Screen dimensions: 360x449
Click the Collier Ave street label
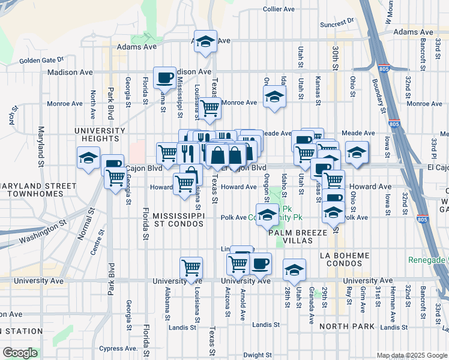tap(279, 10)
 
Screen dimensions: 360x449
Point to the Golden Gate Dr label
tap(41, 61)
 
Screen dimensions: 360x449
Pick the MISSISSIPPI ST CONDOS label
tap(179, 219)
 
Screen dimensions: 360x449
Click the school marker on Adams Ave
tap(206, 43)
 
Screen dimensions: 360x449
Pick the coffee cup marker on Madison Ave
tap(164, 78)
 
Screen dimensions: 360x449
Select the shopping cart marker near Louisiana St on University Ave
tap(191, 268)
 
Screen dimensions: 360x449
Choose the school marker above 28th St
tap(295, 271)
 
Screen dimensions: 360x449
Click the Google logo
tap(20, 353)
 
